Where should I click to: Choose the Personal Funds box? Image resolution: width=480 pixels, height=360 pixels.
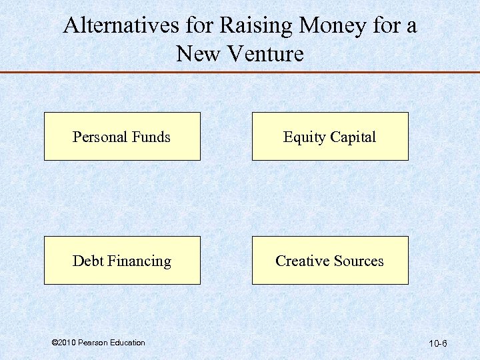point(122,137)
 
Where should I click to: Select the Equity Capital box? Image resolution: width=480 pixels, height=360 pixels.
point(329,137)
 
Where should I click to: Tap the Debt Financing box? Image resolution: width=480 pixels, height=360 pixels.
point(122,261)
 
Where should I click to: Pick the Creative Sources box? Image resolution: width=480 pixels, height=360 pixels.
point(329,261)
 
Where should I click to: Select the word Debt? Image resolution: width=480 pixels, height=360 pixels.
point(87,261)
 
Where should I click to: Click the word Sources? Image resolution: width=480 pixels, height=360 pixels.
point(358,261)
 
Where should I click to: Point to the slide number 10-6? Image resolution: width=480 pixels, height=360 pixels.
point(438,344)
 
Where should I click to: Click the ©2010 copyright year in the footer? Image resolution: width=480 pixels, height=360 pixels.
point(63,343)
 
